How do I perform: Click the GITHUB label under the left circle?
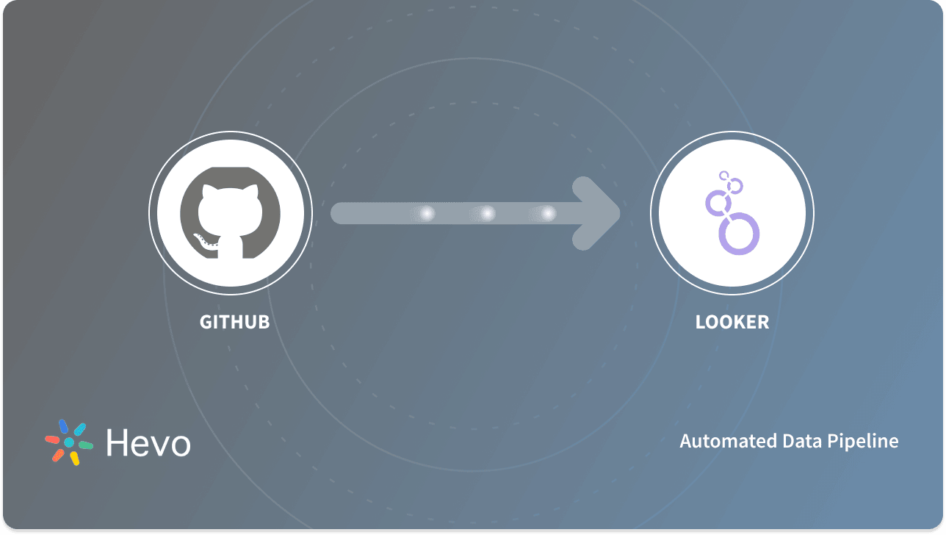(235, 322)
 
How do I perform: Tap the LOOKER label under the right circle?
(732, 322)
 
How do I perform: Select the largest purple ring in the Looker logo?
(738, 234)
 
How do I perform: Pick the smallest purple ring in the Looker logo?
(724, 176)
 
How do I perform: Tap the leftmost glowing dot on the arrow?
(427, 213)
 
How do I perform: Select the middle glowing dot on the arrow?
(487, 213)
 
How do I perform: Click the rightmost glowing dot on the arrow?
(548, 213)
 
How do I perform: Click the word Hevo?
(148, 443)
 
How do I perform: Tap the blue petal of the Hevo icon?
(63, 426)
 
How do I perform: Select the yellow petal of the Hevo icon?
(74, 459)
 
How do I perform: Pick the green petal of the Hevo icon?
(85, 445)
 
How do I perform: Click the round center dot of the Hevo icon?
(69, 442)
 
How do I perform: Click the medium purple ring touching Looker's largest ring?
(718, 201)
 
